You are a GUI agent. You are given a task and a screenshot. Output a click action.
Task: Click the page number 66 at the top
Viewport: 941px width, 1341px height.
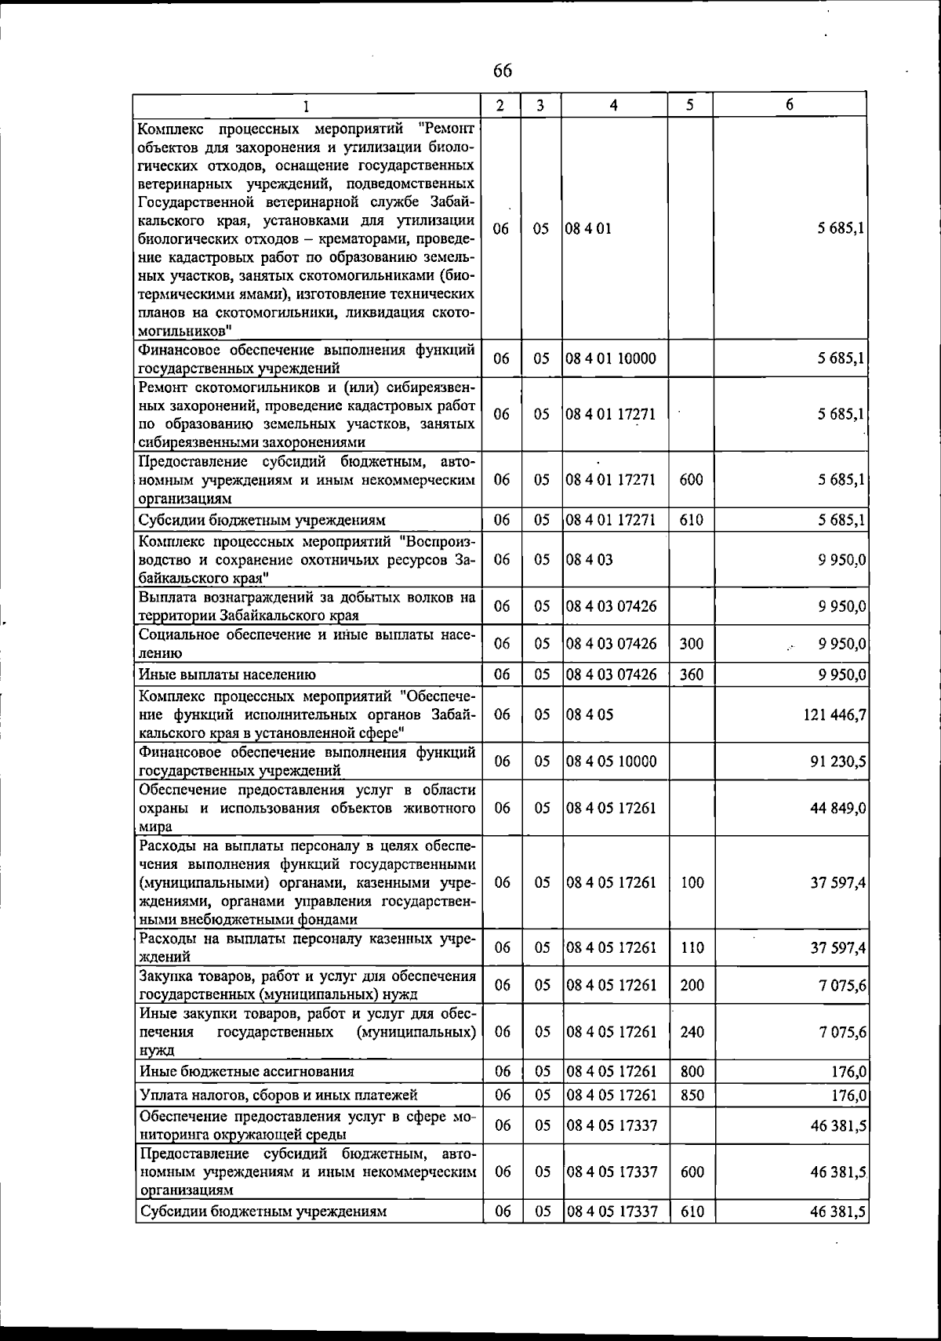click(503, 71)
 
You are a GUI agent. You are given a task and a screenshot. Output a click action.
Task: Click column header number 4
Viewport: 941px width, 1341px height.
click(614, 105)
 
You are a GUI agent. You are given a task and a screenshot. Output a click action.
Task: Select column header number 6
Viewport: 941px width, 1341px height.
click(790, 105)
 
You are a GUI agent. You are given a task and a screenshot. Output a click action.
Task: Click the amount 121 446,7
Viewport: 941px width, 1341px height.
click(834, 715)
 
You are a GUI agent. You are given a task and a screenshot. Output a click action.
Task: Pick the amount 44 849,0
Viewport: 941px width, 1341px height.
click(837, 809)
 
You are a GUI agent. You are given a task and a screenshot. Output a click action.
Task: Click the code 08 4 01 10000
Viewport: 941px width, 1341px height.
click(611, 359)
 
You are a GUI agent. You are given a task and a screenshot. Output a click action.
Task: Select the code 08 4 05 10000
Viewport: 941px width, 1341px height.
click(611, 761)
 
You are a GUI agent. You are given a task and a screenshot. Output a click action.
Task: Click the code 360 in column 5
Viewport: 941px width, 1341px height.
click(691, 674)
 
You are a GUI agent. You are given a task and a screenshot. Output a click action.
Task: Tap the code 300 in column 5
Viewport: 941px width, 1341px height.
click(691, 645)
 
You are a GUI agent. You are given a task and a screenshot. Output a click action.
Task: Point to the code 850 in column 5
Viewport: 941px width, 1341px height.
click(691, 1096)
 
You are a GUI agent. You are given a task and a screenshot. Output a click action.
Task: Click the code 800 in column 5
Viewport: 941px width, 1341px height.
click(691, 1072)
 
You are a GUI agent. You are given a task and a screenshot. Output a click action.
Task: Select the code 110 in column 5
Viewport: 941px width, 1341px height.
click(691, 948)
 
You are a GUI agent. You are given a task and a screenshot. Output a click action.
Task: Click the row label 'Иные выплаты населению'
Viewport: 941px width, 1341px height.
click(227, 674)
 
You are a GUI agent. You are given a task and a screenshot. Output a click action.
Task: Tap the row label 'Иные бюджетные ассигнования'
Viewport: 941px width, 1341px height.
click(245, 1072)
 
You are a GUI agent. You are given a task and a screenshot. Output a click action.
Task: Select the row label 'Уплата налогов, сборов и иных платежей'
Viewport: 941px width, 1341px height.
click(278, 1096)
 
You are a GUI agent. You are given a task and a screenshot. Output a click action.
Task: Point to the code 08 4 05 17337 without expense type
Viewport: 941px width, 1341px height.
click(611, 1126)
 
